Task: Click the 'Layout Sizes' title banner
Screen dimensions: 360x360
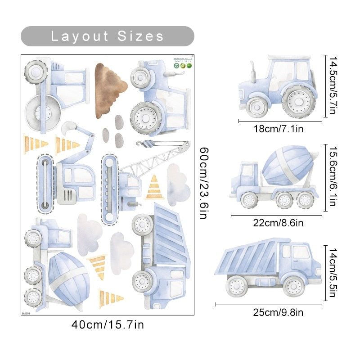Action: pos(107,36)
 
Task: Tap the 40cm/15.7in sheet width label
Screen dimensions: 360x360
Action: pos(108,324)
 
